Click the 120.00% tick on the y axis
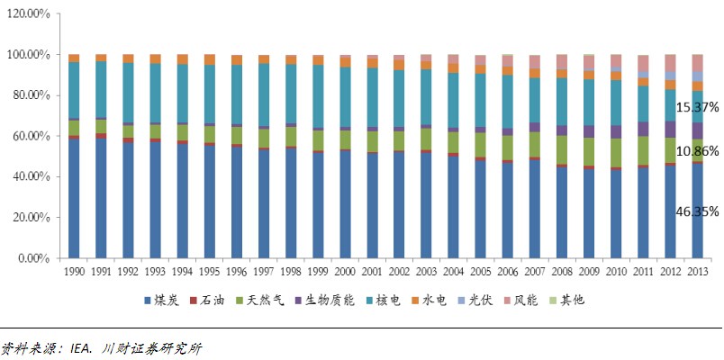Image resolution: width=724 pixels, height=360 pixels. click(x=30, y=14)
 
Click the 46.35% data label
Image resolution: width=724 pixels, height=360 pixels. click(x=695, y=212)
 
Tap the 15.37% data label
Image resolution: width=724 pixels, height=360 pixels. click(x=695, y=106)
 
